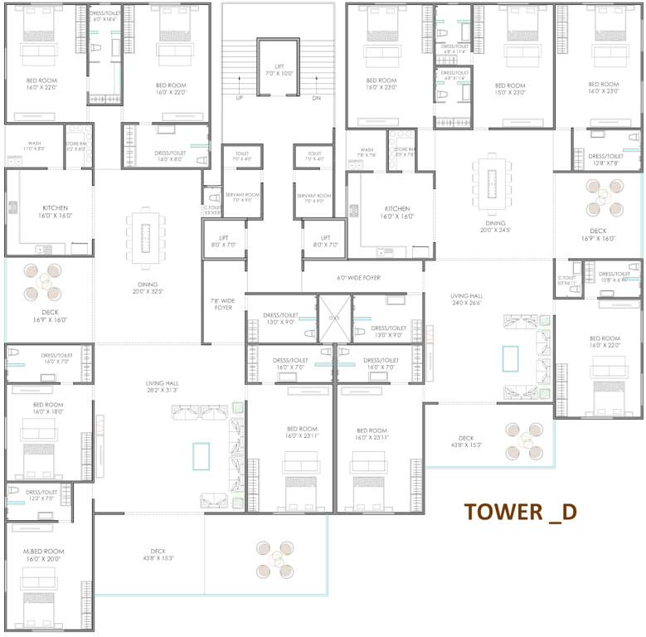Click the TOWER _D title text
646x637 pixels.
tap(519, 511)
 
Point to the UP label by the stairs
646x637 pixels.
tap(240, 98)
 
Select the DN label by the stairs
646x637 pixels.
tap(316, 98)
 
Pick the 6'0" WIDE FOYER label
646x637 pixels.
tap(358, 278)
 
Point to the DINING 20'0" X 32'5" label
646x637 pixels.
tap(145, 288)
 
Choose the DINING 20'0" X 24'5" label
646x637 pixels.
tap(495, 226)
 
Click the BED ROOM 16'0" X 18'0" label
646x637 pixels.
tap(48, 408)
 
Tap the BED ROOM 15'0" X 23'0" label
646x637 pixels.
tap(510, 89)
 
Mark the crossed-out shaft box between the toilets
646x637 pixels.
tap(335, 318)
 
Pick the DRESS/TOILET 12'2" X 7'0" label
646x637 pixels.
tap(40, 495)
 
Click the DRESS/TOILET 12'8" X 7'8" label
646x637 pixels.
tap(605, 159)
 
